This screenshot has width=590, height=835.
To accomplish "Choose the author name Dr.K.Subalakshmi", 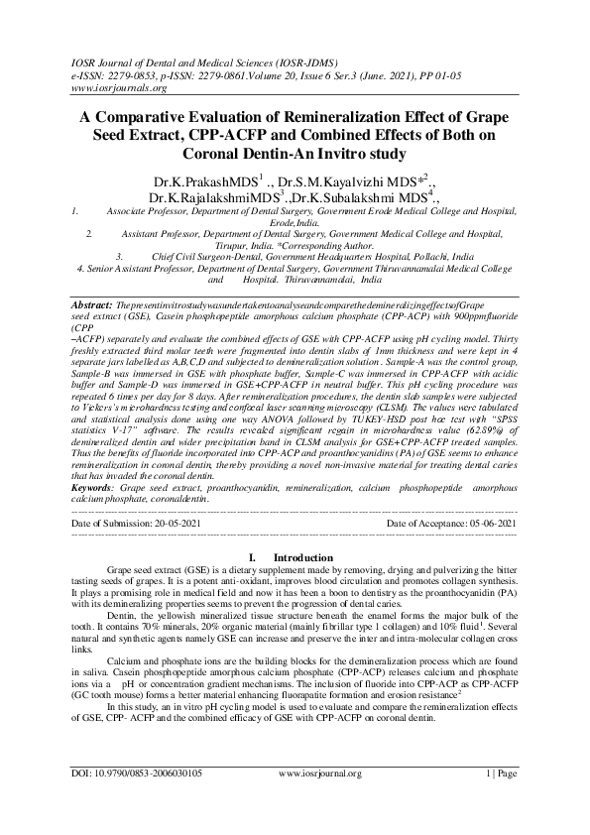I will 375,199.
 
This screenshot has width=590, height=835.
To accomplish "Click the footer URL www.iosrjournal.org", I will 319,800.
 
